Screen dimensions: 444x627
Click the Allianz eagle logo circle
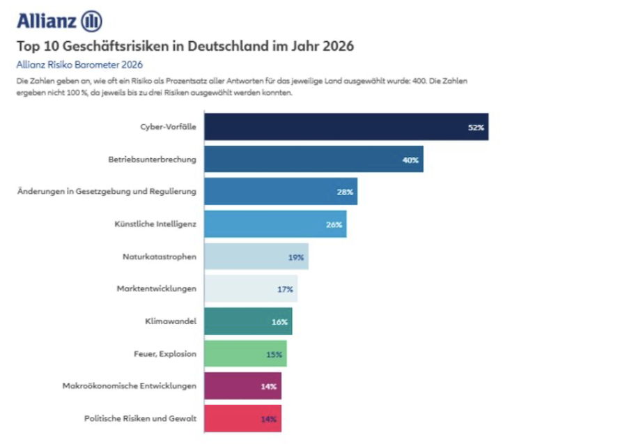tap(91, 21)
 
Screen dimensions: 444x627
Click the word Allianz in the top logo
tap(46, 21)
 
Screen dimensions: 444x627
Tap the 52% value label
tap(476, 128)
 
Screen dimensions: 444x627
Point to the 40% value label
tap(410, 160)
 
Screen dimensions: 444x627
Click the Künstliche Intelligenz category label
tap(155, 224)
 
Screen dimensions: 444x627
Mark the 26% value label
tap(334, 224)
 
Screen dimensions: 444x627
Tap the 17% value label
tap(285, 289)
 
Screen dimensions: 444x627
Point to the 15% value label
tap(274, 354)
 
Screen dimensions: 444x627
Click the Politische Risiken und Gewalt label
tap(140, 418)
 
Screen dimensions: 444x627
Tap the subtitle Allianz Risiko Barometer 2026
tap(79, 65)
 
